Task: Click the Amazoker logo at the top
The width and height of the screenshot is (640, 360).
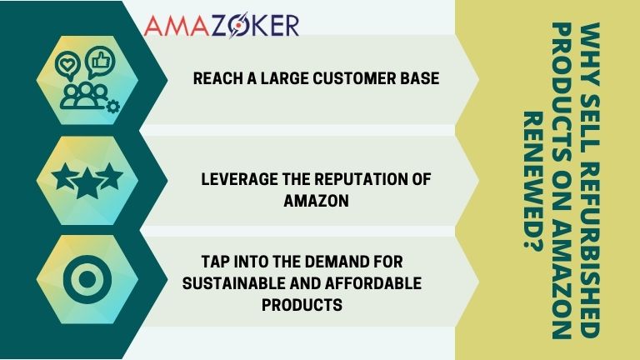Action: point(221,25)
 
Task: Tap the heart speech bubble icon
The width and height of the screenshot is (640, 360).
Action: point(66,64)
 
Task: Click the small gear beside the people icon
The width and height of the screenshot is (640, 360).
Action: point(113,105)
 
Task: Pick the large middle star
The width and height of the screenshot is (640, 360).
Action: point(87,179)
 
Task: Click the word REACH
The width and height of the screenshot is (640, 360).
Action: point(213,80)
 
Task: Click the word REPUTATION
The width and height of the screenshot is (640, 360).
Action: point(370,179)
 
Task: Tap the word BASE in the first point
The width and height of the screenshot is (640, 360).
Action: point(422,80)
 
